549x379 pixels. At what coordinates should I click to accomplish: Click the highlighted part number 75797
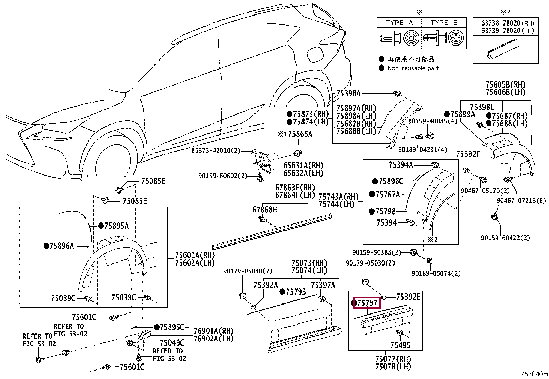pos(367,303)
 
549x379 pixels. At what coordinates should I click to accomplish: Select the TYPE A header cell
pos(399,22)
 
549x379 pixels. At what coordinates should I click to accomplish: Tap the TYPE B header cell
pos(443,22)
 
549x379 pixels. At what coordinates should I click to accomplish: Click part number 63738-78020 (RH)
pos(508,23)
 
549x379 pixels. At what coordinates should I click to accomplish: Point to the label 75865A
pos(300,134)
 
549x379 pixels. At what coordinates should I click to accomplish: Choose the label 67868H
pos(264,210)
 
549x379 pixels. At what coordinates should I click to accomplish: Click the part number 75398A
pos(348,93)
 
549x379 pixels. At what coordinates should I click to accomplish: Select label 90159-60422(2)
pos(505,238)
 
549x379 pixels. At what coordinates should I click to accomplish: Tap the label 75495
pos(400,345)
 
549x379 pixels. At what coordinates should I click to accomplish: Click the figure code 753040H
pos(534,374)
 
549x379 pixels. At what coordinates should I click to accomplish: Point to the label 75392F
pos(468,154)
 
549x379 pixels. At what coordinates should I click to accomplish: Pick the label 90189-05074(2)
pos(436,273)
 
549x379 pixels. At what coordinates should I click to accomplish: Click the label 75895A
pos(117,226)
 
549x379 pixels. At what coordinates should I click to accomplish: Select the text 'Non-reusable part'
pos(413,68)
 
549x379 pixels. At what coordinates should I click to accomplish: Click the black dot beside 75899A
pos(447,114)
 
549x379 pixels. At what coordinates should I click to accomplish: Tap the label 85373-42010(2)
pos(216,150)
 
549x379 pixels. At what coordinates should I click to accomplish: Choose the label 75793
pos(296,292)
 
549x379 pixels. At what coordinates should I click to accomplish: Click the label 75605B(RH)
pos(506,85)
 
